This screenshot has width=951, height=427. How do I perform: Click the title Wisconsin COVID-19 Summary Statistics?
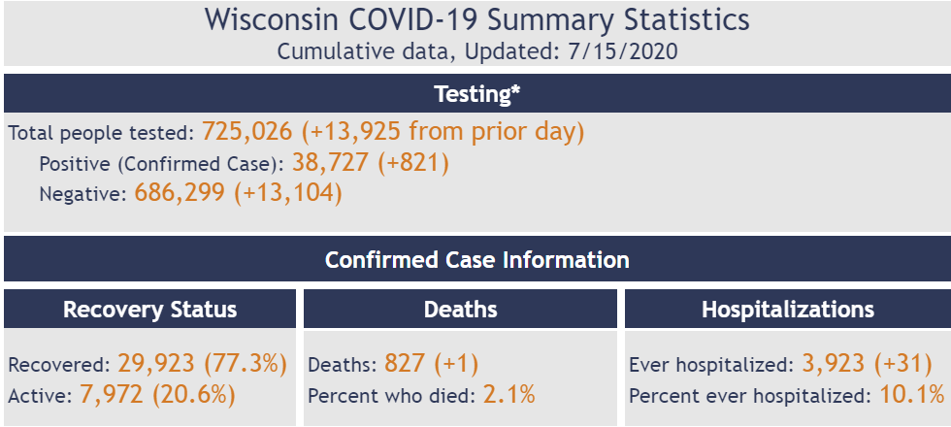click(x=476, y=19)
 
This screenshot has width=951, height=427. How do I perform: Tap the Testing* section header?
click(x=475, y=94)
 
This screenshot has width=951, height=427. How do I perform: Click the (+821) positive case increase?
click(x=417, y=162)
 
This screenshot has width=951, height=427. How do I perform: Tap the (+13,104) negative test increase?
click(x=288, y=193)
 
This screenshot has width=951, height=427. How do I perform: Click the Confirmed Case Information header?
click(x=475, y=260)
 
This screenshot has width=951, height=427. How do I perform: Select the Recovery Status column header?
click(x=150, y=310)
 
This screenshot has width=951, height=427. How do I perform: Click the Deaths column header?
click(x=460, y=310)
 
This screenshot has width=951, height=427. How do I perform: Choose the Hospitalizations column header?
click(x=787, y=310)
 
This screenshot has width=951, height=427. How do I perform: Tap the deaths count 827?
click(x=405, y=364)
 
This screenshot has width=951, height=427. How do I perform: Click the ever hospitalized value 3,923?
click(x=834, y=364)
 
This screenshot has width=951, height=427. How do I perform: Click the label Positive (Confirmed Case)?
click(x=161, y=164)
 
